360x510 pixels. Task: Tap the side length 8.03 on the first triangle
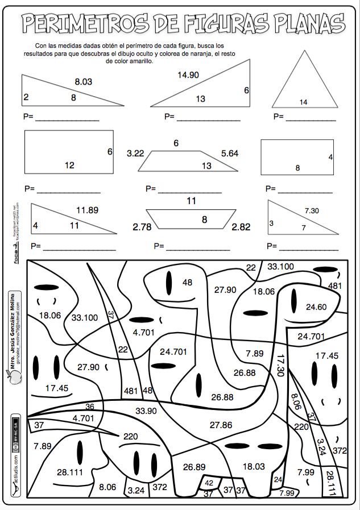(x=83, y=82)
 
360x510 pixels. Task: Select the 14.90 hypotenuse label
(x=188, y=75)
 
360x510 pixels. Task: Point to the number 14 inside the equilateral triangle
(x=303, y=102)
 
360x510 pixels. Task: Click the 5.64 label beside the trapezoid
(x=230, y=153)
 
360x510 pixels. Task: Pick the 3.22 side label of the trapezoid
(x=136, y=153)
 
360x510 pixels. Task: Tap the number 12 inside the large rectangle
(x=69, y=165)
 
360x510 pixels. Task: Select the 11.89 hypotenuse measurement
(x=87, y=210)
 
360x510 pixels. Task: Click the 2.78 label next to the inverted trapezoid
(x=142, y=227)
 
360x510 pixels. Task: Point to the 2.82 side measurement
(x=241, y=227)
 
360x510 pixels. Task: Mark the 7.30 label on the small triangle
(x=311, y=211)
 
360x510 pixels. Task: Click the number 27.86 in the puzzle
(x=221, y=424)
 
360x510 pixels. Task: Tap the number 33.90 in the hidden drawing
(x=146, y=410)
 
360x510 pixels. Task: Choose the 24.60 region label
(x=316, y=307)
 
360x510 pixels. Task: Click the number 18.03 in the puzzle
(x=254, y=466)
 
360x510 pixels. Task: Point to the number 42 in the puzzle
(x=209, y=483)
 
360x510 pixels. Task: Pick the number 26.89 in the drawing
(x=194, y=467)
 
